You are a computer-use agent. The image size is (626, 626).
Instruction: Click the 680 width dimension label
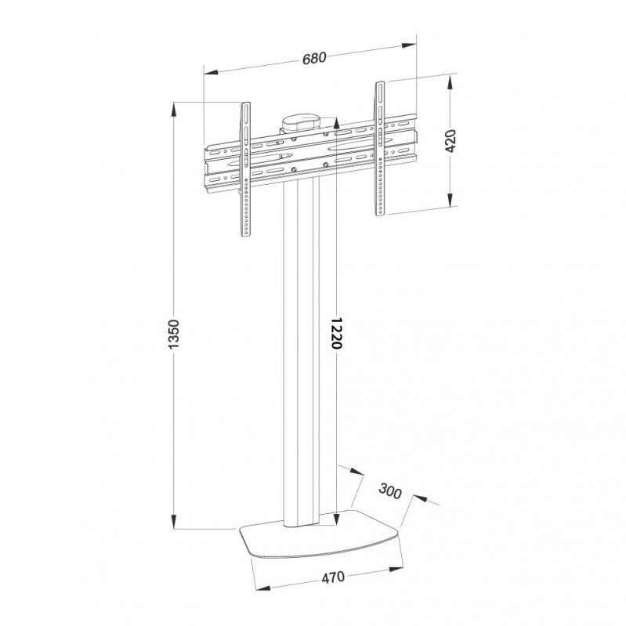315,58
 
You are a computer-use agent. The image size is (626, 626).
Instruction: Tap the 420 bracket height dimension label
451,141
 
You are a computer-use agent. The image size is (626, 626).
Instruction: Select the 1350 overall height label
174,335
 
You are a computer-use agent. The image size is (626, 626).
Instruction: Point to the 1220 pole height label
337,333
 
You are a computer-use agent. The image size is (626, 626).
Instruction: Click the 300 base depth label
389,491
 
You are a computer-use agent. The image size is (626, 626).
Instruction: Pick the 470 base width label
333,577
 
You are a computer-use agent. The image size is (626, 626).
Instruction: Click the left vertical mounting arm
246,169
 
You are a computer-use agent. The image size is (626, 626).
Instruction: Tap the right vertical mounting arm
380,149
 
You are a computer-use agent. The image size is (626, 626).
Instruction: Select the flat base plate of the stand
320,534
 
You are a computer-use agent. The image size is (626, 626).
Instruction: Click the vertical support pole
302,351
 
